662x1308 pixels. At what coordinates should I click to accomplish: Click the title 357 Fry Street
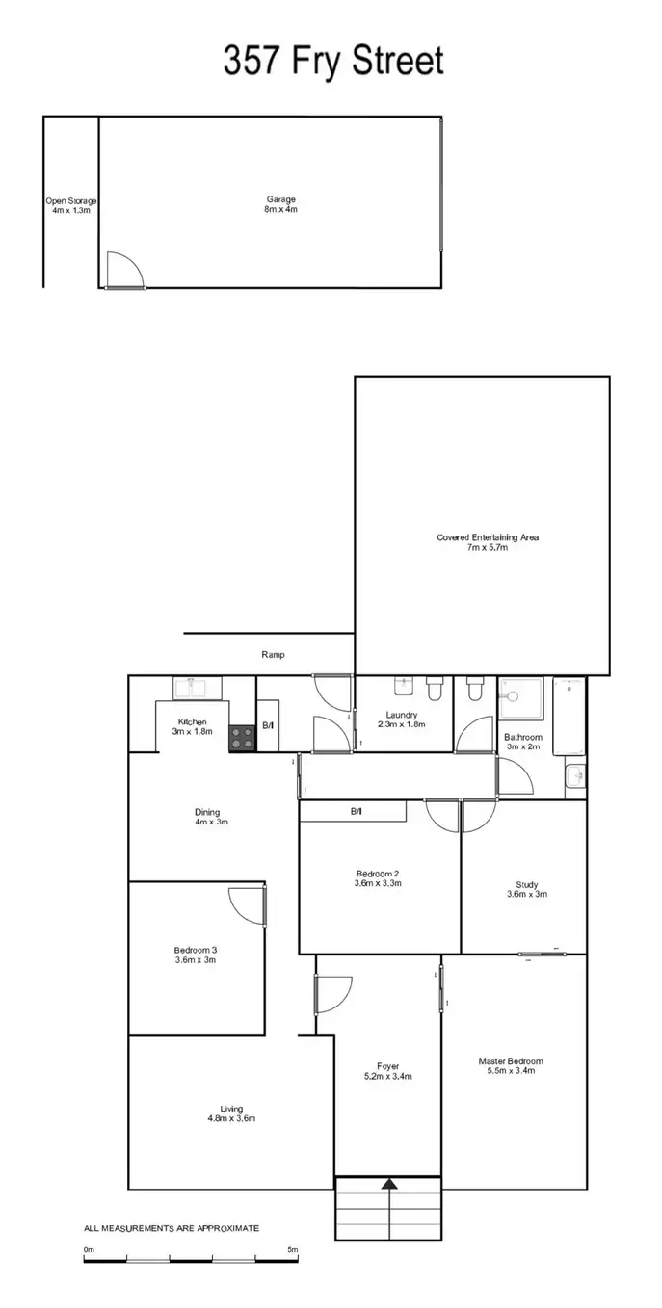pos(333,60)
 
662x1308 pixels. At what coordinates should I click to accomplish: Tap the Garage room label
pos(281,204)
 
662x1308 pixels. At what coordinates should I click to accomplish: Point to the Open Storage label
pos(71,205)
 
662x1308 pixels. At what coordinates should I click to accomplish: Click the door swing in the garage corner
pos(123,270)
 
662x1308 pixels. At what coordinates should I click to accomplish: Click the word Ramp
pos(273,655)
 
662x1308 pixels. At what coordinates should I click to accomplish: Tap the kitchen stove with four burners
pos(242,739)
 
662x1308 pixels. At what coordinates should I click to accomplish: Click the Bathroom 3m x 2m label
pos(523,742)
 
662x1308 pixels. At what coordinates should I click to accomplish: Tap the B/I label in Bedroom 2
pos(357,812)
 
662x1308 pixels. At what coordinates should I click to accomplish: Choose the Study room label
pos(526,889)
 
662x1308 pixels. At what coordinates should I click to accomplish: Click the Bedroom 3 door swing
pos(247,905)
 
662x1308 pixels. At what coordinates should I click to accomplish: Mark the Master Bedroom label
pos(511,1066)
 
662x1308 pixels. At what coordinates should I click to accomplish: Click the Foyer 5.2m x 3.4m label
pos(388,1071)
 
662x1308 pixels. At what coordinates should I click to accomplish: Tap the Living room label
pos(231,1113)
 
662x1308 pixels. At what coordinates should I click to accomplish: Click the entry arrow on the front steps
pos(389,1186)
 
